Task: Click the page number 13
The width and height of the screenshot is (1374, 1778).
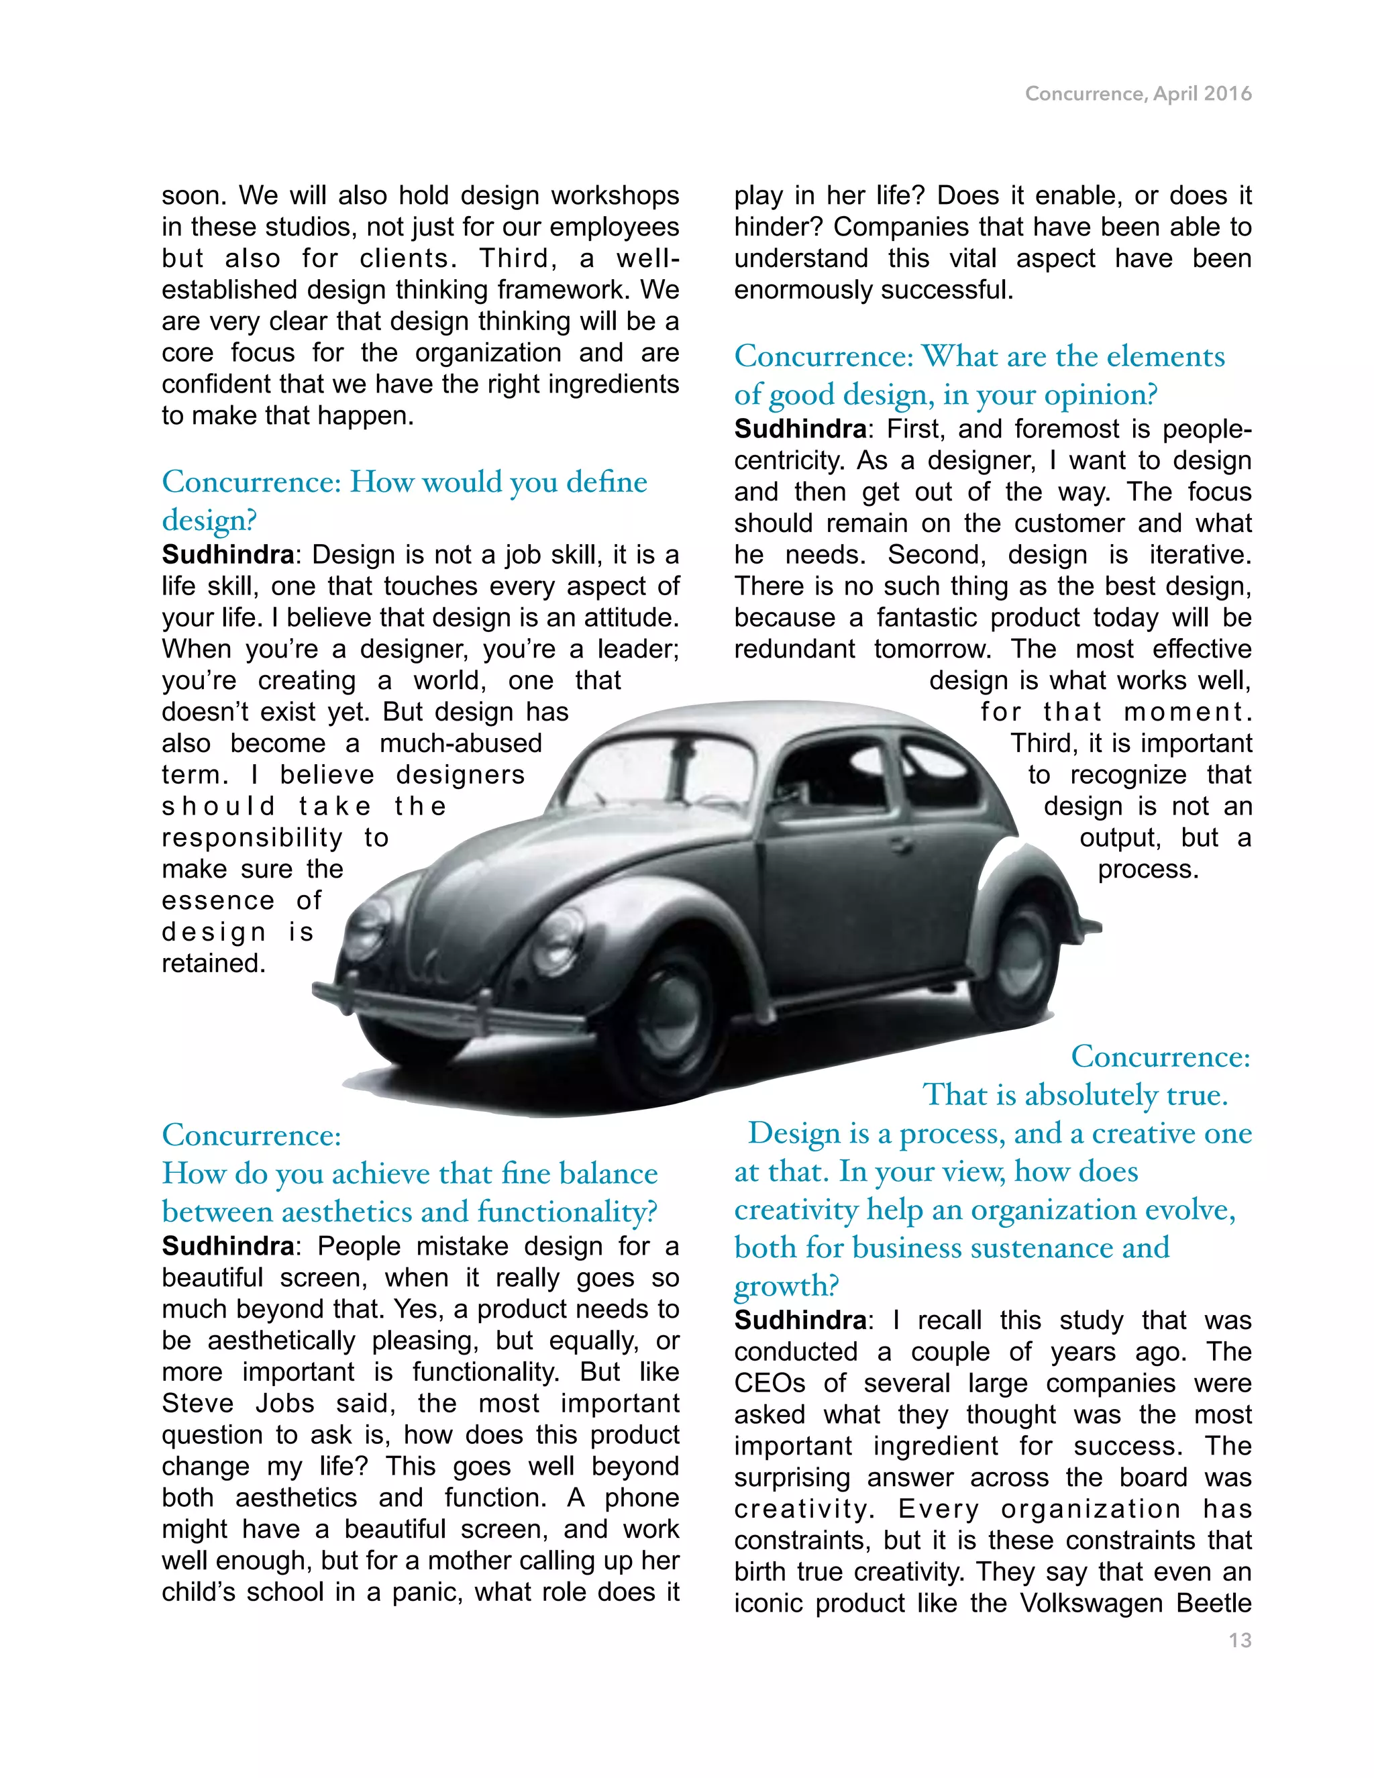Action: pyautogui.click(x=1240, y=1640)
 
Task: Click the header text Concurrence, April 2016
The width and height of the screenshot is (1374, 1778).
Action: pyautogui.click(x=1138, y=95)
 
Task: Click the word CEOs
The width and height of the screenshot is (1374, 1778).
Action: pyautogui.click(x=770, y=1383)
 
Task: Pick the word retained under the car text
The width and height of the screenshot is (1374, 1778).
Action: pyautogui.click(x=213, y=964)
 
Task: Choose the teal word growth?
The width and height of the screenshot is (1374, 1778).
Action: pyautogui.click(x=786, y=1286)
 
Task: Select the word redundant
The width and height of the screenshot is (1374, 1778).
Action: pyautogui.click(x=794, y=649)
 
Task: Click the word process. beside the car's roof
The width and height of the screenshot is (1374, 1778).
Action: pyautogui.click(x=1148, y=870)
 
